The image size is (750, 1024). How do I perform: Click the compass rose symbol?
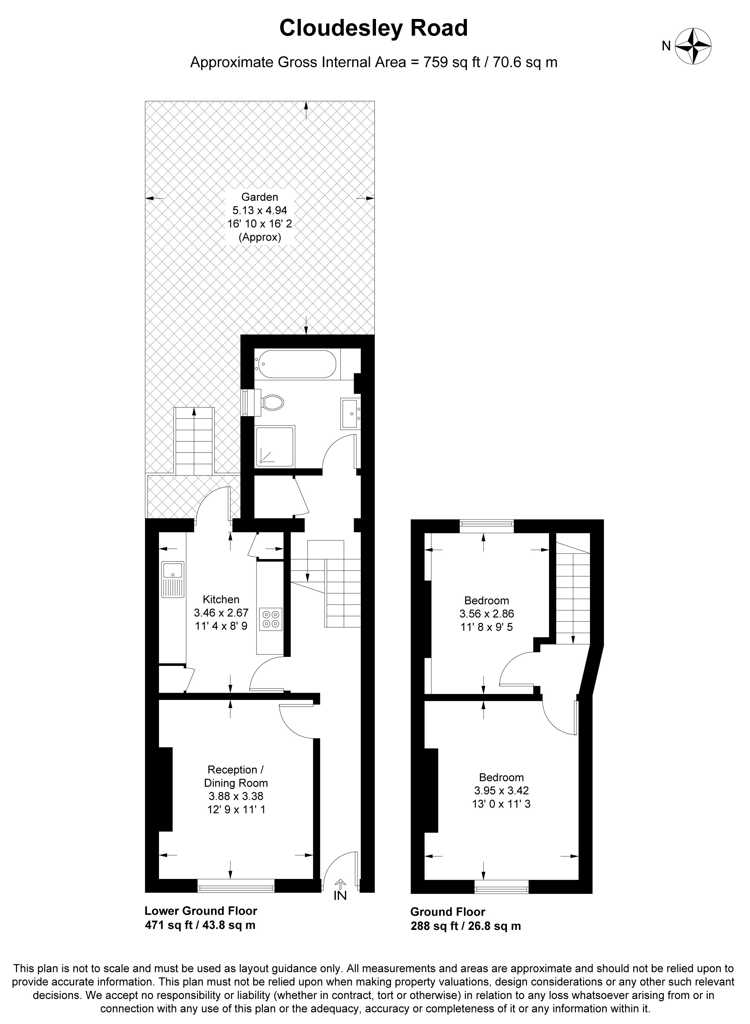pyautogui.click(x=693, y=46)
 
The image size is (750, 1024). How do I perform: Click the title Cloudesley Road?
pyautogui.click(x=373, y=28)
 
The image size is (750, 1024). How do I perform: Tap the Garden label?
pyautogui.click(x=259, y=197)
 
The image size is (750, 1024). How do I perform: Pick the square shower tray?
pyautogui.click(x=275, y=446)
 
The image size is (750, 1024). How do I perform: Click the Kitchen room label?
pyautogui.click(x=221, y=599)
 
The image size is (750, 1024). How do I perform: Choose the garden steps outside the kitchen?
pyautogui.click(x=194, y=441)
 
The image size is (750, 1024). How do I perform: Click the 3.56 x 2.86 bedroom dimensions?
pyautogui.click(x=487, y=614)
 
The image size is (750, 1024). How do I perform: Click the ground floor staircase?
pyautogui.click(x=573, y=589)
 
